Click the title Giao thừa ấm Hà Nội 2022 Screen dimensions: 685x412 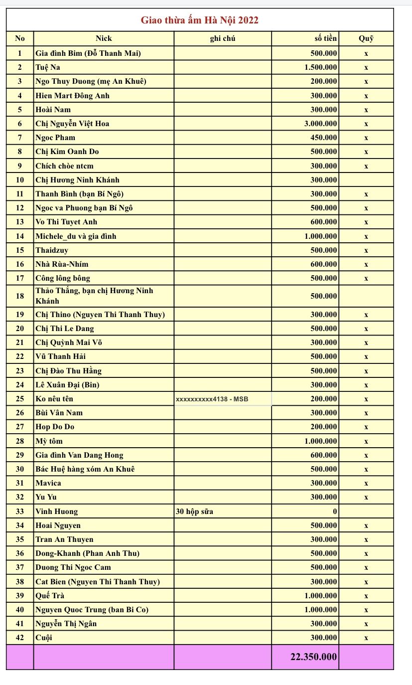(199, 20)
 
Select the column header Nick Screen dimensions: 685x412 (104, 38)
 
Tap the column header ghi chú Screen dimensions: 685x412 (222, 38)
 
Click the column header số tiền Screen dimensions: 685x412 (322, 38)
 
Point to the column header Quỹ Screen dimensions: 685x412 (366, 38)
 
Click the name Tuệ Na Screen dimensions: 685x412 (48, 67)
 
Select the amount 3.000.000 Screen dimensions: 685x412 (320, 124)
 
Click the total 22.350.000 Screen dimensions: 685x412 (313, 657)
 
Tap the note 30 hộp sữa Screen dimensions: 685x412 (195, 511)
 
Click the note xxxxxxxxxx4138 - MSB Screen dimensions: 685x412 (212, 399)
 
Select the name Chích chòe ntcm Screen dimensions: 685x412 (64, 166)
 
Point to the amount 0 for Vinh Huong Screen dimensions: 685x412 (335, 511)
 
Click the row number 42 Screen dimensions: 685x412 (20, 638)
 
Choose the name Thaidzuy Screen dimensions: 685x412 (52, 250)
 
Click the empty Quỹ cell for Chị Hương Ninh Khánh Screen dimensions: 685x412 (366, 180)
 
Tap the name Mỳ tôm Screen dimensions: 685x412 (49, 441)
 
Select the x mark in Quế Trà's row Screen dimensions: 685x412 (366, 596)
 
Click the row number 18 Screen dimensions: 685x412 (20, 296)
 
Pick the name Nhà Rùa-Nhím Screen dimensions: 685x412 (62, 264)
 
